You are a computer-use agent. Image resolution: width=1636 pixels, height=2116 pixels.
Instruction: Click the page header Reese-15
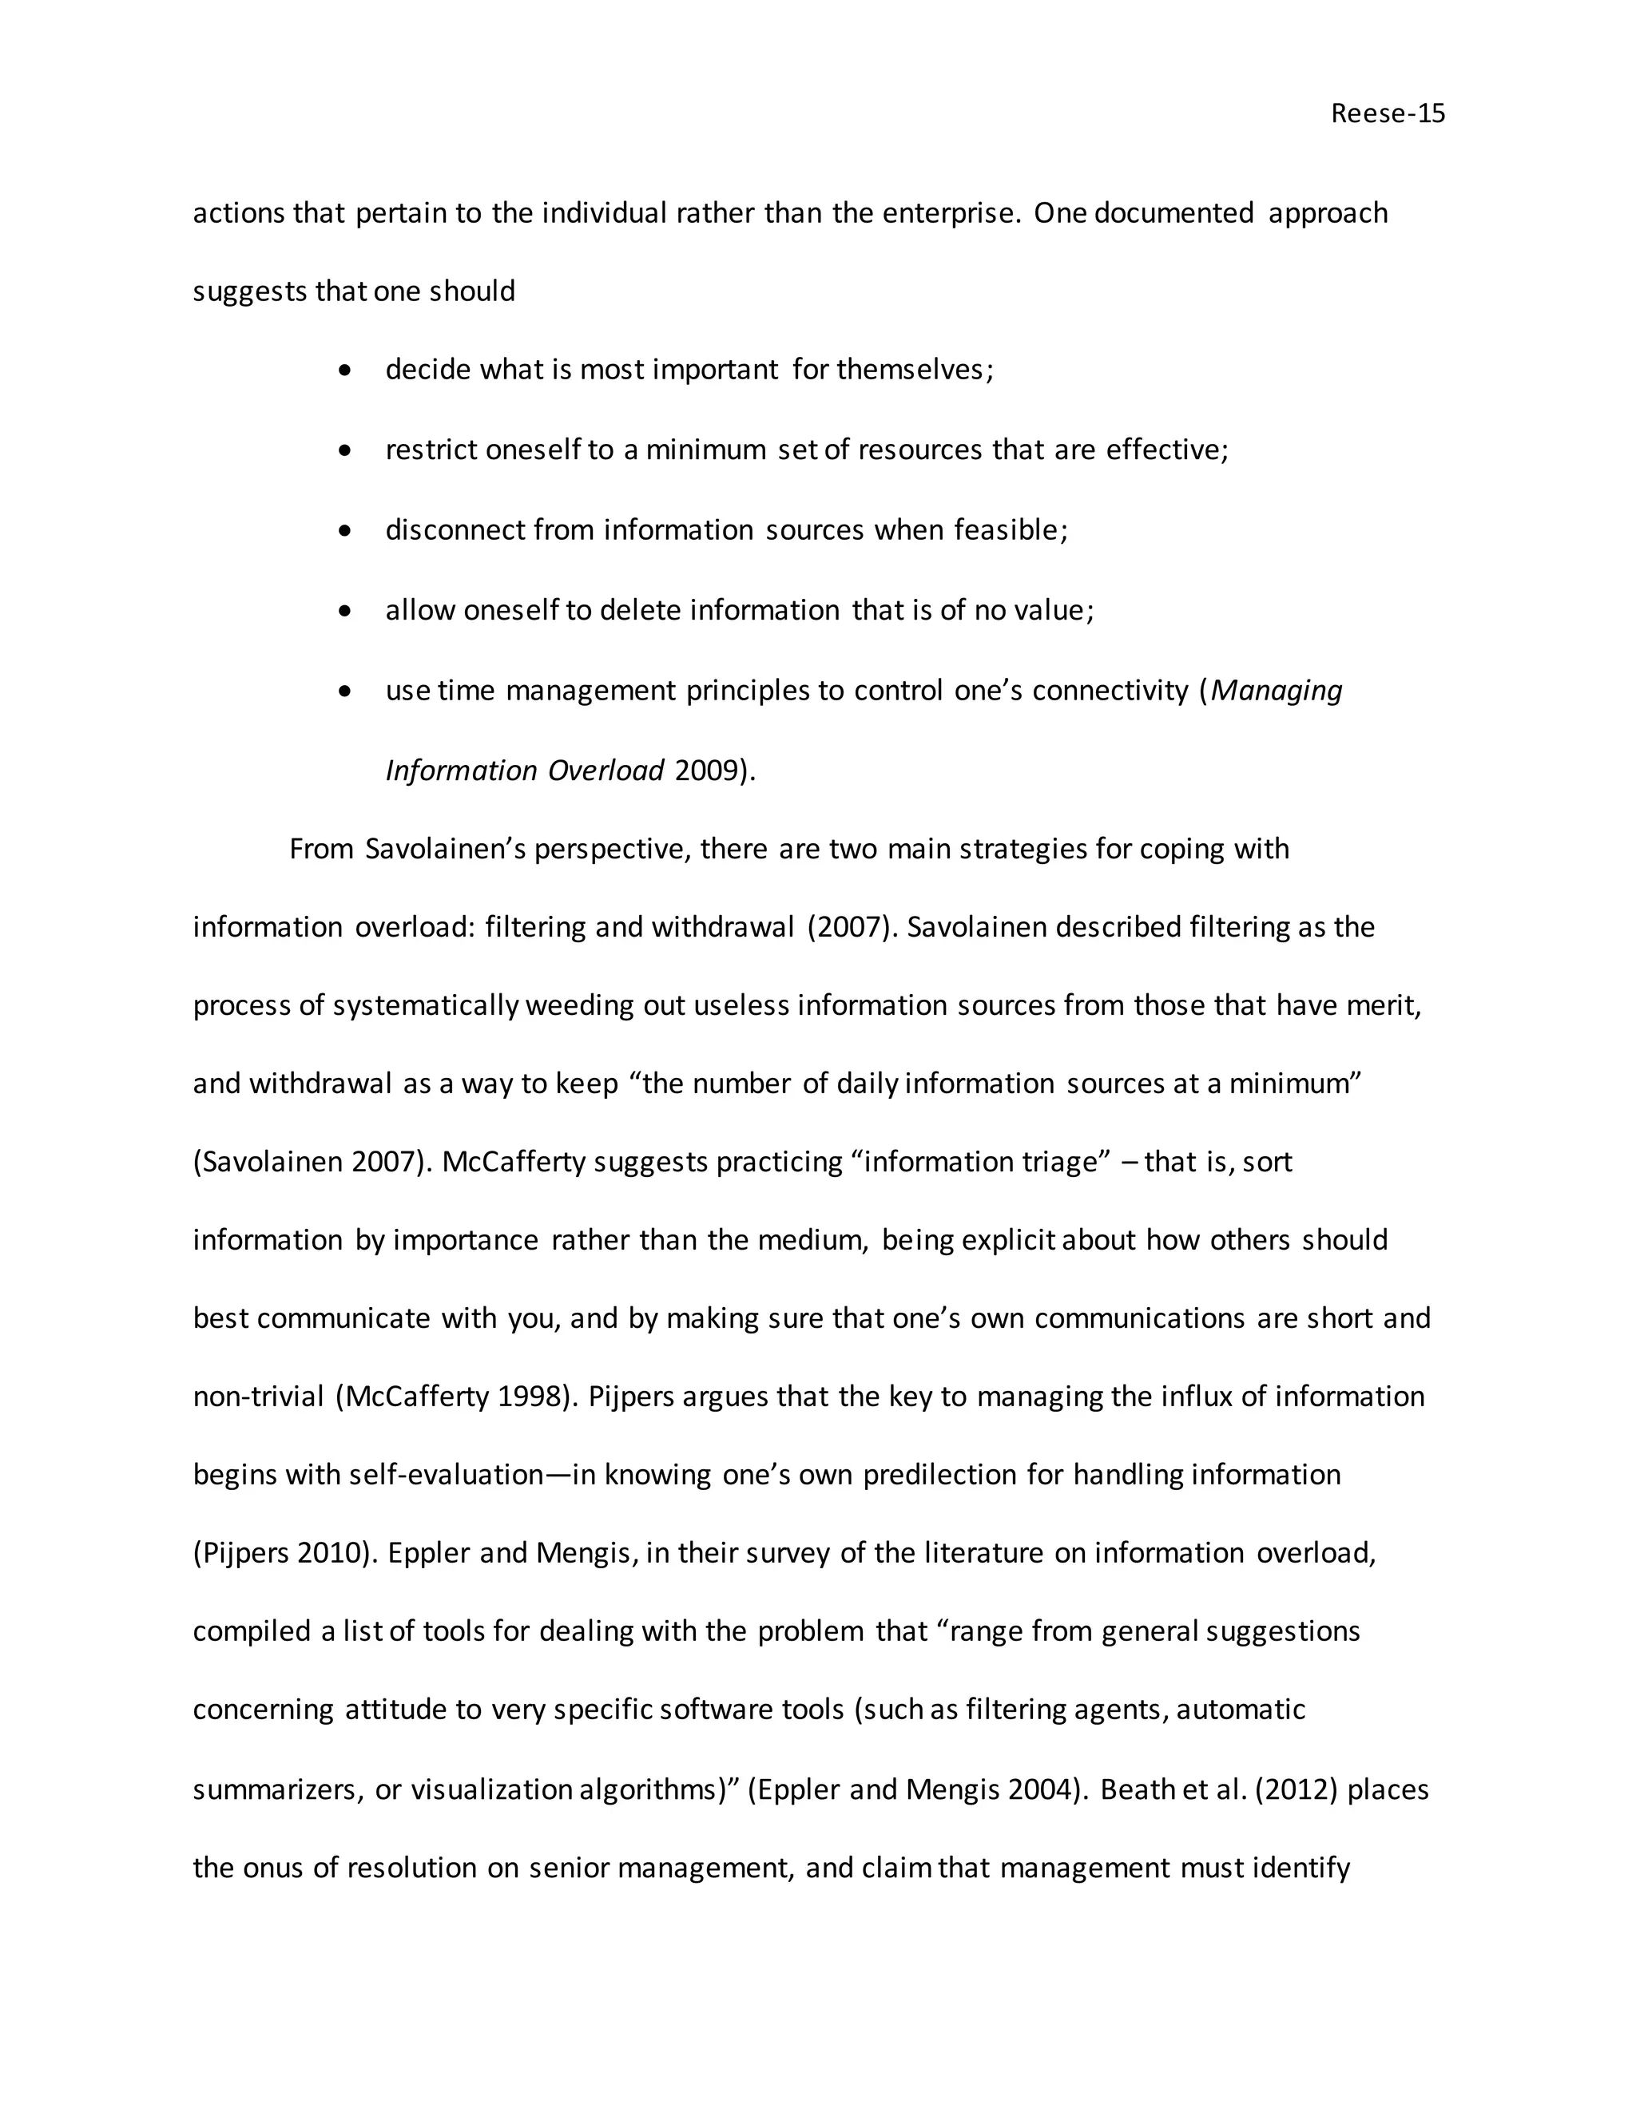tap(1387, 113)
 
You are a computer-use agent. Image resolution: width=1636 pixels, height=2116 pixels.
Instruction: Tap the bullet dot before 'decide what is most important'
tap(345, 370)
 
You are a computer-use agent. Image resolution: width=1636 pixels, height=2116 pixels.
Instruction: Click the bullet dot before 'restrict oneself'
tap(345, 450)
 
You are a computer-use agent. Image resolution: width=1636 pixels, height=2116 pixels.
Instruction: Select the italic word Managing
tap(1277, 690)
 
